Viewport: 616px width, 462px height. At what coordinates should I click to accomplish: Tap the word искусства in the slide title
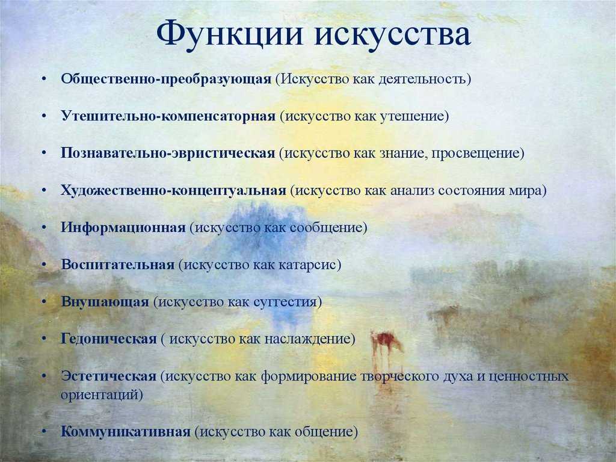[392, 34]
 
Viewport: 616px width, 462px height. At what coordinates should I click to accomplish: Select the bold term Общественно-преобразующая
[166, 79]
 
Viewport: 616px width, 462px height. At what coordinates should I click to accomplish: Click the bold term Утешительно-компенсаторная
[168, 116]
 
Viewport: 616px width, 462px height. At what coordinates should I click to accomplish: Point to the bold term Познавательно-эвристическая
[168, 153]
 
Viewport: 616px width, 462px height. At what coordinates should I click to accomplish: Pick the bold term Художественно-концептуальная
[173, 190]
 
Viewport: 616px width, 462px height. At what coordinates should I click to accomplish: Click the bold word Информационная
[123, 228]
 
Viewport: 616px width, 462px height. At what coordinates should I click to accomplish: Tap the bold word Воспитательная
[117, 264]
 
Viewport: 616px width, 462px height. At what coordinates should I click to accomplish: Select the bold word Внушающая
[105, 302]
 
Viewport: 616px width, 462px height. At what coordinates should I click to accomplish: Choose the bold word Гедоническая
[108, 339]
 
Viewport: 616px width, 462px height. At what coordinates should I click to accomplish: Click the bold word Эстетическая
[108, 376]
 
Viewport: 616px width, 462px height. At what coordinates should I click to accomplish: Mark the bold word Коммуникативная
[125, 432]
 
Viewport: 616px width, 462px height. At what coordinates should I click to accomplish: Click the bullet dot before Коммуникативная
[44, 432]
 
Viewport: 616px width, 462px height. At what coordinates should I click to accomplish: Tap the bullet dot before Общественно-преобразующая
[44, 79]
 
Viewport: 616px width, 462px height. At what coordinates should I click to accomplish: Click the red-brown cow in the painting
[386, 342]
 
